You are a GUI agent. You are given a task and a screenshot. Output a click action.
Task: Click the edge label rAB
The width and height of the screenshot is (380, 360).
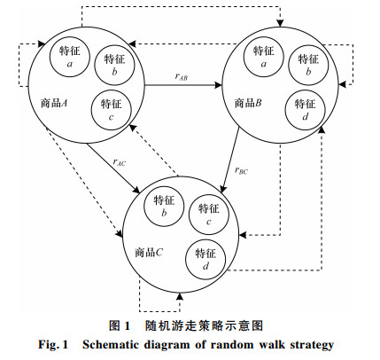[x=182, y=76]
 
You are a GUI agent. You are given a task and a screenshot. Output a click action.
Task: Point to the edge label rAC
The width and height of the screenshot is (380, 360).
[x=120, y=162]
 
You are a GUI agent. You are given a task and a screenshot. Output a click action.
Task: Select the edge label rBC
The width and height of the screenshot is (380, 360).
[x=241, y=170]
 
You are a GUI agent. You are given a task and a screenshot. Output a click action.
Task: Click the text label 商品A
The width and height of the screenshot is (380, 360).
[x=54, y=103]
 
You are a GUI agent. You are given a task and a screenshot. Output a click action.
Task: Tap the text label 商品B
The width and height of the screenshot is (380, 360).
[x=248, y=103]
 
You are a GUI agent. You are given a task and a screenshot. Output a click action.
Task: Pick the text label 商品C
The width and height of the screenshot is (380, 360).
[x=149, y=253]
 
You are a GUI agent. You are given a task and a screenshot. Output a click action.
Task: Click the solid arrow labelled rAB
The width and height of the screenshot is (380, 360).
[x=183, y=85]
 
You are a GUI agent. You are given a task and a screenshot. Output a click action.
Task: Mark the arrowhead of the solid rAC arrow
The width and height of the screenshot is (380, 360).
[x=137, y=191]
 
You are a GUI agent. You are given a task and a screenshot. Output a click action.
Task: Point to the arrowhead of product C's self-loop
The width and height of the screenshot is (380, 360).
[x=180, y=296]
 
